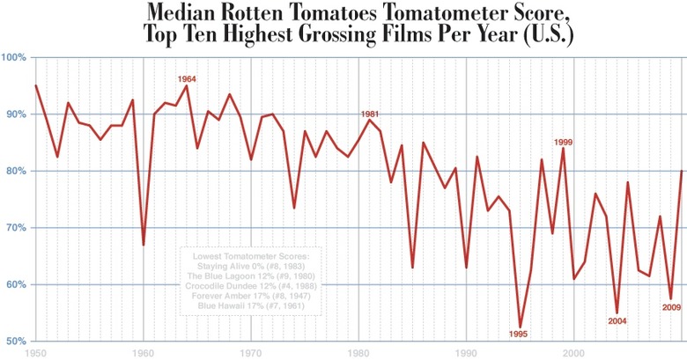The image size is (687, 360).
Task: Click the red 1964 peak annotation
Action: (186, 79)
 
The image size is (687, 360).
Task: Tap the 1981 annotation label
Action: (369, 114)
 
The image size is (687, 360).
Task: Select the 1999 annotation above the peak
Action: (563, 142)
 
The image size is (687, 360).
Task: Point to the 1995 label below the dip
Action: (520, 334)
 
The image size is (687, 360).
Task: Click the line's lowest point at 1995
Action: (520, 327)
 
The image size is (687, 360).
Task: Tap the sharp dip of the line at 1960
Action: (144, 245)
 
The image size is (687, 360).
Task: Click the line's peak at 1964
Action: (186, 85)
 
